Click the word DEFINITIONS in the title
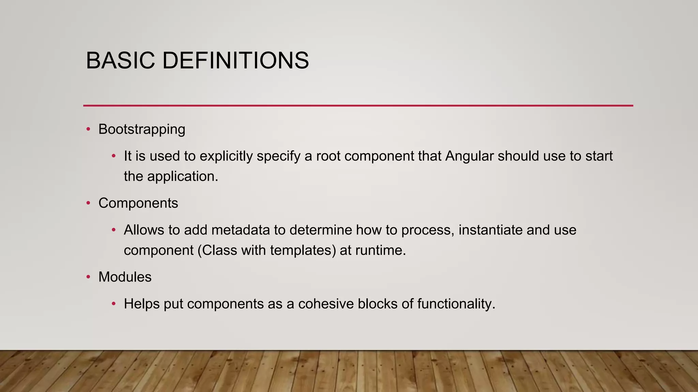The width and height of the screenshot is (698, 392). [236, 61]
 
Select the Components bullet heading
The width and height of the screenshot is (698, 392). [138, 203]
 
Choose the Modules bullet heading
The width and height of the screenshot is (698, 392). [125, 277]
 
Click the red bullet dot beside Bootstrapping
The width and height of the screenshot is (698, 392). [88, 129]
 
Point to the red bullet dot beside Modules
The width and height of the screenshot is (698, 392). [88, 277]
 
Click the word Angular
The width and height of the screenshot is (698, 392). [469, 156]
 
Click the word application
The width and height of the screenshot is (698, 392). [182, 177]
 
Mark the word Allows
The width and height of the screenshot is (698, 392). [144, 230]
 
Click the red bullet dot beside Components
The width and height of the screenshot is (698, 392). [88, 203]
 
